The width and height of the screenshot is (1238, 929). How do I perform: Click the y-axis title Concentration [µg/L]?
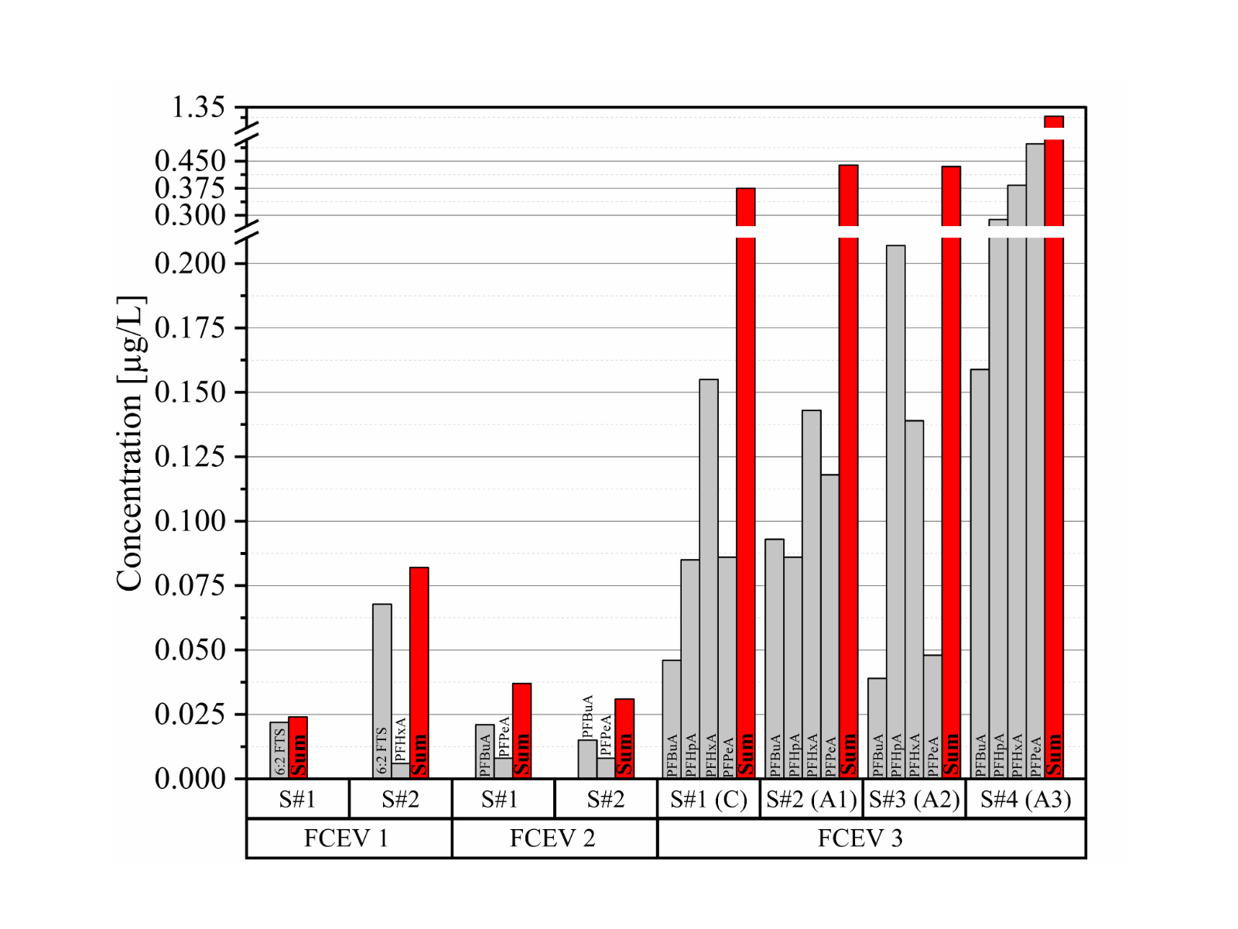[129, 444]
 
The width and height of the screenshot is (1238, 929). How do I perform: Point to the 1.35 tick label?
[198, 108]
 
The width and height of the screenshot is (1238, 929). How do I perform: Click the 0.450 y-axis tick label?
[190, 161]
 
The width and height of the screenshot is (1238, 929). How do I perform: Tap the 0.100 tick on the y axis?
[190, 521]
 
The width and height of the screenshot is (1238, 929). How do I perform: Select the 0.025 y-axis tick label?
[190, 714]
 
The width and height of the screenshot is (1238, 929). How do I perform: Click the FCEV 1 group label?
[346, 838]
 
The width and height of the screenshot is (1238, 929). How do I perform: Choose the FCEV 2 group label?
[552, 838]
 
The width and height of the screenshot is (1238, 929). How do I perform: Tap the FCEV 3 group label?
[860, 838]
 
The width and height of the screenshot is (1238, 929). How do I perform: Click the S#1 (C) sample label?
[709, 799]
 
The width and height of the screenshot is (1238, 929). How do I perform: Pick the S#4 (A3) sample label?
[1025, 799]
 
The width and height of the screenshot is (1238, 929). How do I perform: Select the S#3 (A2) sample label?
[914, 799]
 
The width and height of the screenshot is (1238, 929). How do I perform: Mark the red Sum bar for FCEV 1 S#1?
[298, 747]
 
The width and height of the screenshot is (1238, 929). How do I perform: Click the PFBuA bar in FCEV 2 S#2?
[587, 759]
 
